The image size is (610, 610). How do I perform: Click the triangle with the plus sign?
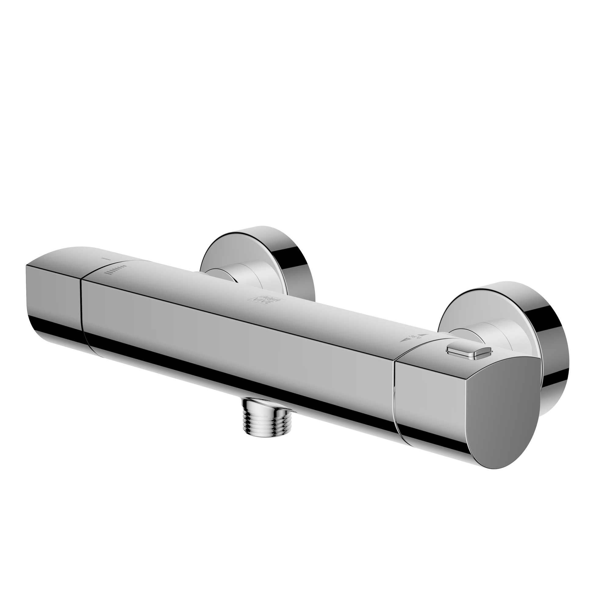pyautogui.click(x=406, y=340)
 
